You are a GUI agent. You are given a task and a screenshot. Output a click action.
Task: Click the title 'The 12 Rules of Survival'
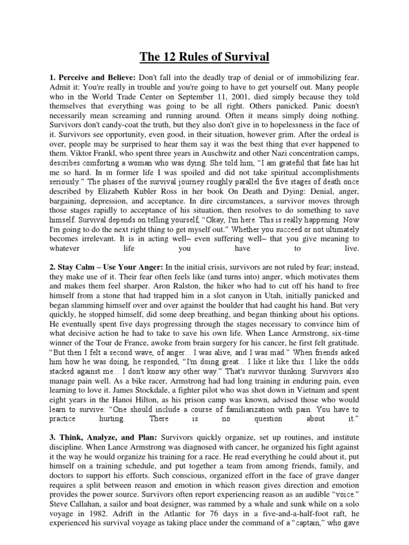[204, 56]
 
